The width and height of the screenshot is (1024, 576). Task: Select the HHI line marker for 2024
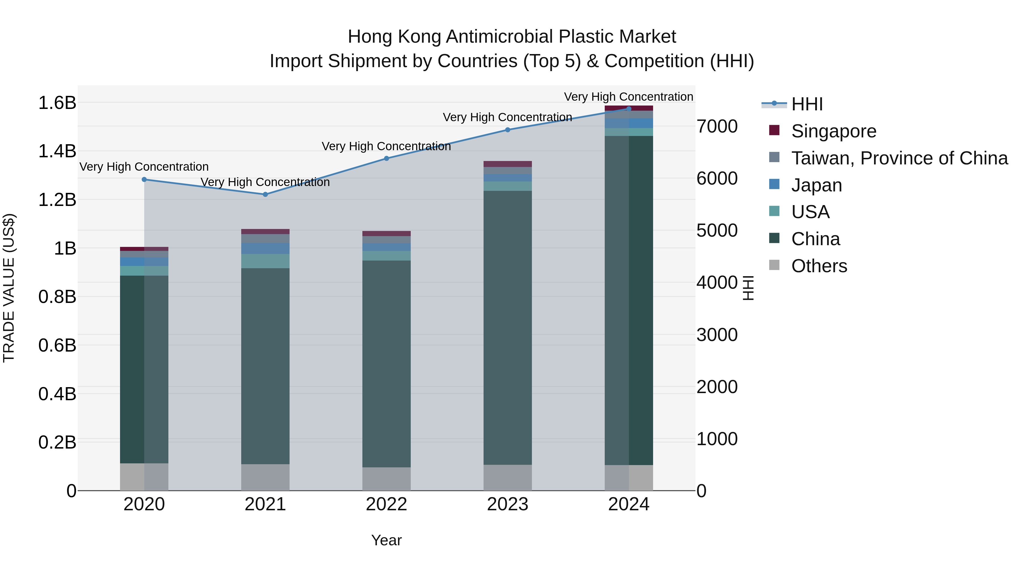pyautogui.click(x=628, y=109)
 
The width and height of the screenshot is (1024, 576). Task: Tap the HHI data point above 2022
pyautogui.click(x=386, y=158)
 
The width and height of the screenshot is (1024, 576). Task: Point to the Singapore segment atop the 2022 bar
pyautogui.click(x=386, y=233)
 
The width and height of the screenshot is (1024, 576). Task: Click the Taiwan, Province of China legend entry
pyautogui.click(x=899, y=158)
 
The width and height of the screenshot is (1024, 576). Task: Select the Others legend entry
pyautogui.click(x=819, y=266)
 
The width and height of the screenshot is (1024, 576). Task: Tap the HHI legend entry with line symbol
pyautogui.click(x=807, y=104)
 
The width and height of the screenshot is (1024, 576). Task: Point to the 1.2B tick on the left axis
pyautogui.click(x=57, y=200)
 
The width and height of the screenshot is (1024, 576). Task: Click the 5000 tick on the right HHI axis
pyautogui.click(x=717, y=231)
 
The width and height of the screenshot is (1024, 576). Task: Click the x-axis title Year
pyautogui.click(x=386, y=540)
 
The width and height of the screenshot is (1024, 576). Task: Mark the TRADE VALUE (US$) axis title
pyautogui.click(x=9, y=288)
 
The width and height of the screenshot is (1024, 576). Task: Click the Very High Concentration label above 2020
pyautogui.click(x=144, y=167)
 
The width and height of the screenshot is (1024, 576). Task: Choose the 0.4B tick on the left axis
pyautogui.click(x=57, y=394)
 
